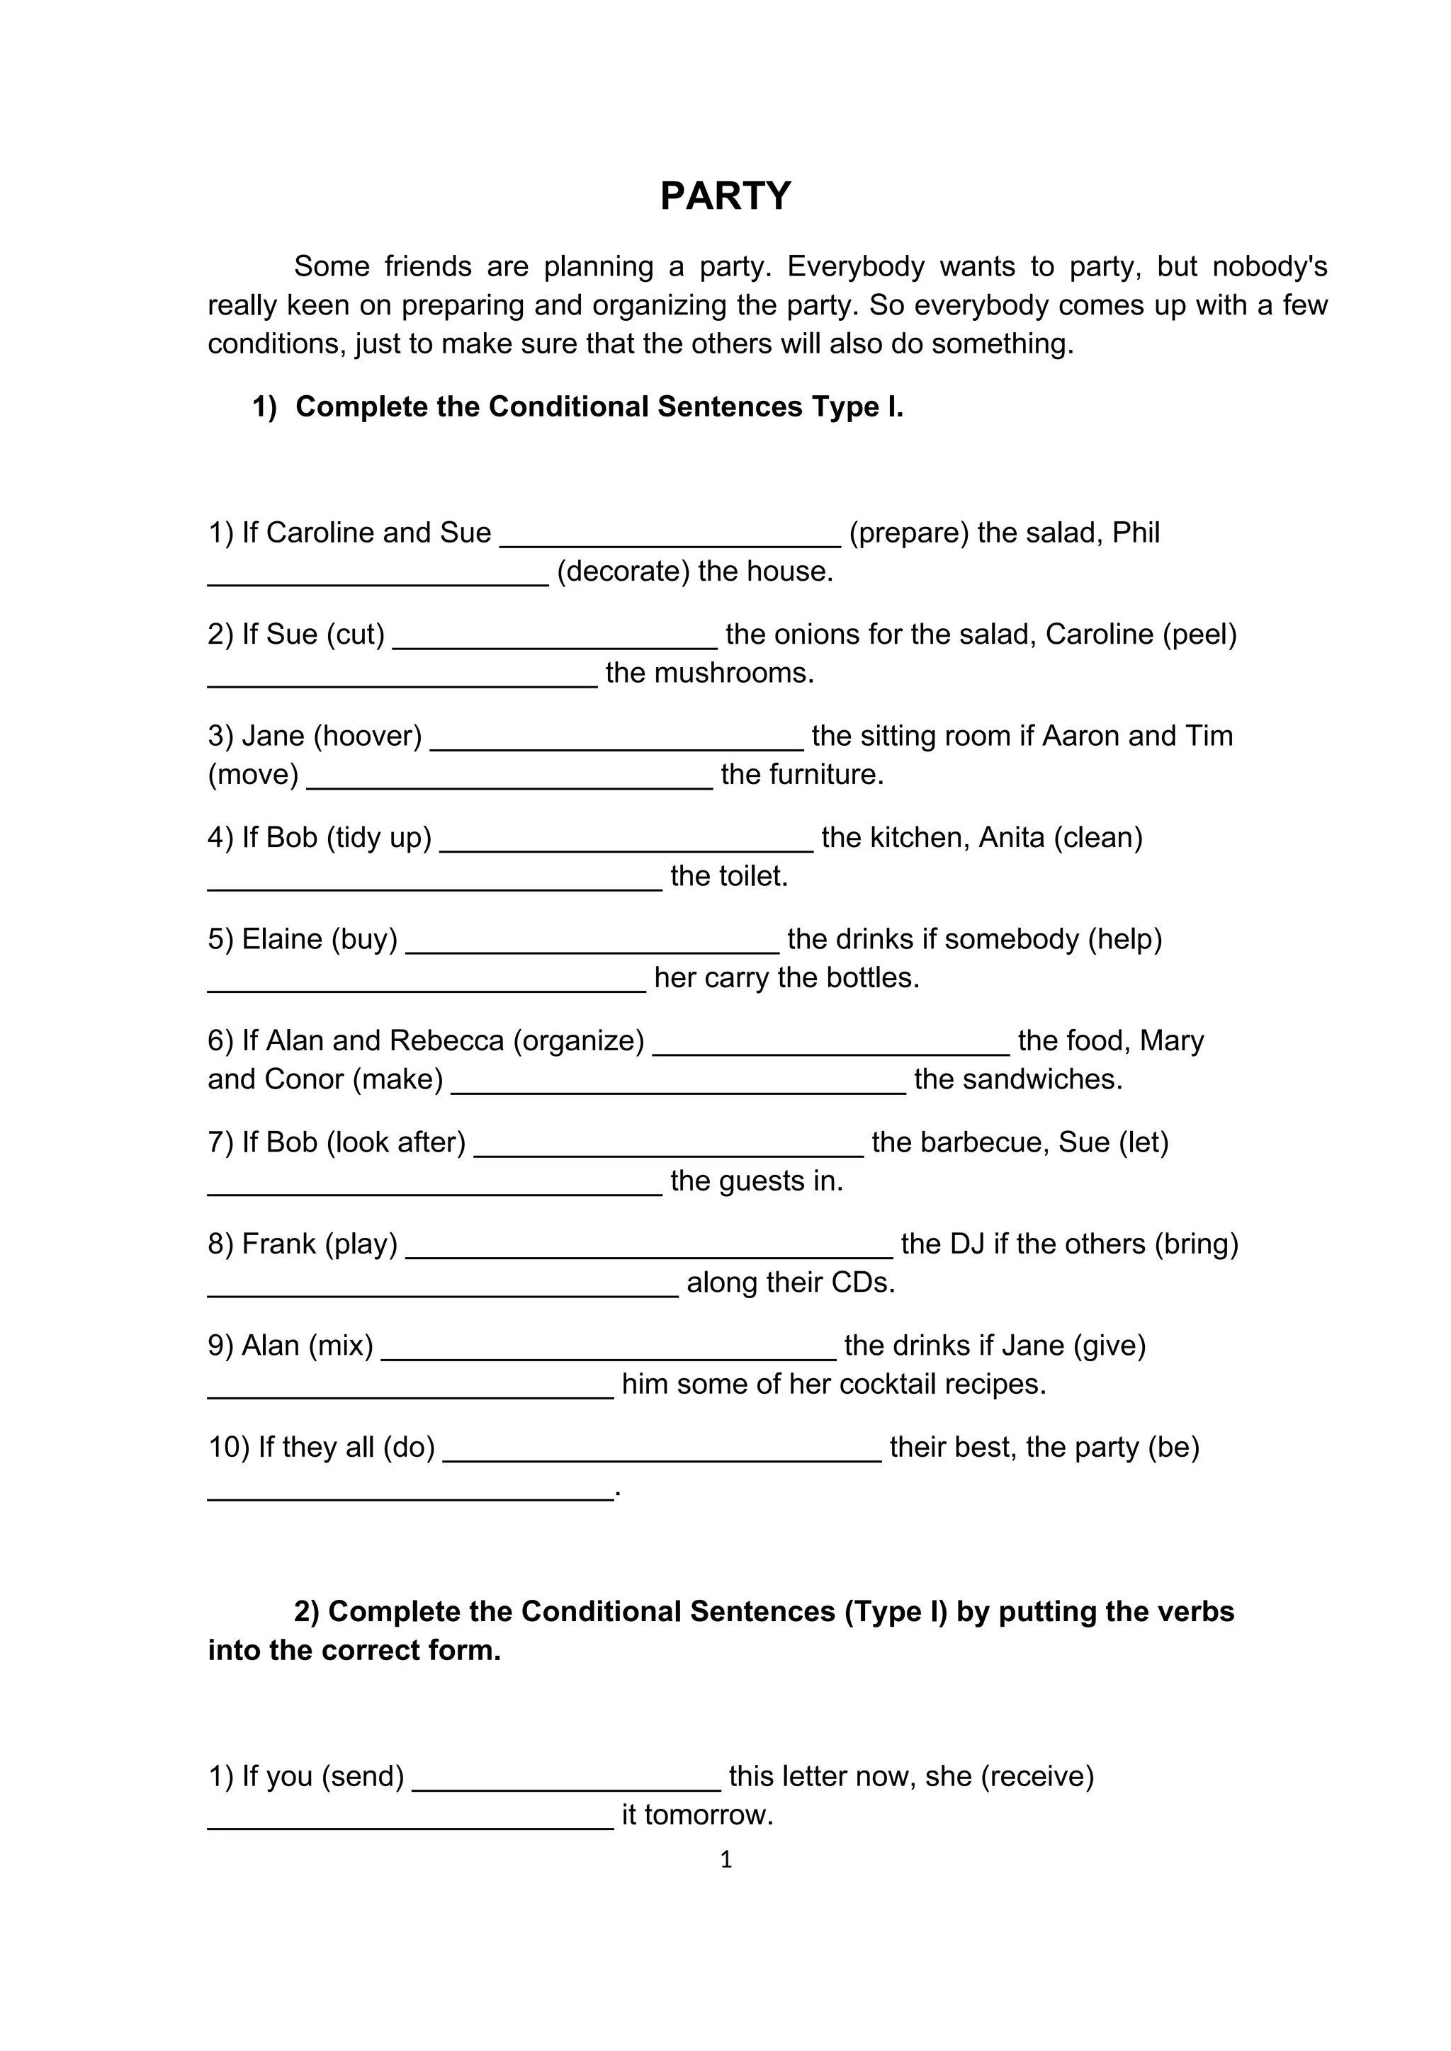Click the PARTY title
coord(725,195)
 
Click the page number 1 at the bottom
coord(725,1859)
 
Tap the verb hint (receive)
coord(1037,1776)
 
